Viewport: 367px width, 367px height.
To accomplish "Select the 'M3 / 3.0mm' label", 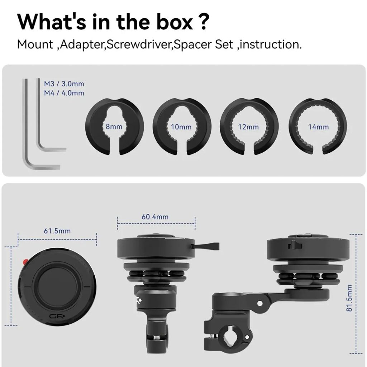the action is [x=64, y=84].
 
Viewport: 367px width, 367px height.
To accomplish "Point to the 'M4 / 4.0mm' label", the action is [x=64, y=93].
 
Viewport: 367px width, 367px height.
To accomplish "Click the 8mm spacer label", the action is [x=114, y=127].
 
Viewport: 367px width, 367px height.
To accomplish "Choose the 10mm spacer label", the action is [x=181, y=127].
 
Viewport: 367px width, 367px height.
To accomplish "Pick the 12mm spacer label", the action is [x=248, y=127].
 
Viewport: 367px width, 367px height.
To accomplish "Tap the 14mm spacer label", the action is [x=318, y=127].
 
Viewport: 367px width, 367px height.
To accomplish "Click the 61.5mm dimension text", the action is [x=57, y=231].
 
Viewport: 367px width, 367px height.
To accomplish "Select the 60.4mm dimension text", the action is [x=155, y=217].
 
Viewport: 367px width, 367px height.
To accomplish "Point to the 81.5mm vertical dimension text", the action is [x=349, y=298].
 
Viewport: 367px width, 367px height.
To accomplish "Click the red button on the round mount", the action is [x=25, y=262].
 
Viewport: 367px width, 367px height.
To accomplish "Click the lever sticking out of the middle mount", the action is [x=205, y=246].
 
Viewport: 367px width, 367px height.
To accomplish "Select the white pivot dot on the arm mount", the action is [x=259, y=303].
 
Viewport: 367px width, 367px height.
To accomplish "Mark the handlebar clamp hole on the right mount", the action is [x=230, y=337].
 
